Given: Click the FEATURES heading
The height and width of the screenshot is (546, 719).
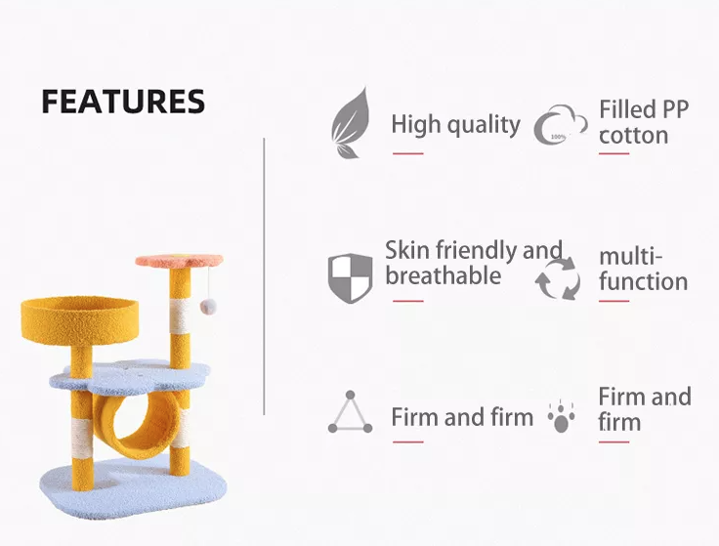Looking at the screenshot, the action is click(x=123, y=101).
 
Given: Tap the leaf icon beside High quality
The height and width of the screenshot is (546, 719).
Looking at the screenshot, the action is click(x=351, y=123).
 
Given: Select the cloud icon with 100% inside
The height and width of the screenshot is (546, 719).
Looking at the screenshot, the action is click(x=561, y=125).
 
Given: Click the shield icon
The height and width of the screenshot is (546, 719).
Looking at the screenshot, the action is click(x=350, y=277).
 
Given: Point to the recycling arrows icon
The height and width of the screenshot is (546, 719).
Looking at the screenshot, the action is click(x=558, y=278).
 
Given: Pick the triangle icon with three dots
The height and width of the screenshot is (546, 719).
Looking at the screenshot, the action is click(x=350, y=412).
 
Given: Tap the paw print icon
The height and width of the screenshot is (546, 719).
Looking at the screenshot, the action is click(x=562, y=416).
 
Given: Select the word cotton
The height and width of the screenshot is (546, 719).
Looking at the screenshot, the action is click(x=633, y=136).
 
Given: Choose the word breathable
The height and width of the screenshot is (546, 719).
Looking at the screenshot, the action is click(x=443, y=275).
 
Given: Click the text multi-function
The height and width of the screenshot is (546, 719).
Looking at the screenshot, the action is click(x=644, y=270).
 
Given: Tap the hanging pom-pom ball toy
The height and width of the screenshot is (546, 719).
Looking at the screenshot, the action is click(x=208, y=307).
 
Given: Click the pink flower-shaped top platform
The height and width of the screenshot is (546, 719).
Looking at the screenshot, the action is click(x=180, y=261).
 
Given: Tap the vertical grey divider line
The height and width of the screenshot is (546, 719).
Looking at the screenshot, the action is click(x=264, y=276).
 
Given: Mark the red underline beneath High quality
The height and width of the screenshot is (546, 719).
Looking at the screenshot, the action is click(x=407, y=153).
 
